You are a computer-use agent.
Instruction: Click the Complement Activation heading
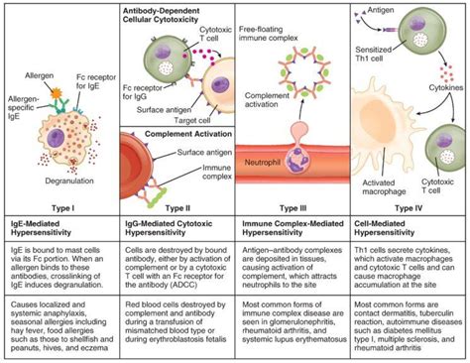173,130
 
